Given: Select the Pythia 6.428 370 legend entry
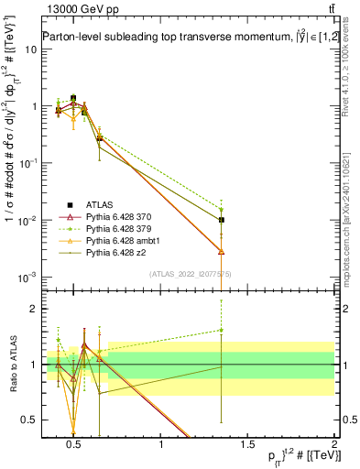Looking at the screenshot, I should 120,216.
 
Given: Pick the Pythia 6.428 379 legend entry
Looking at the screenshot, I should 120,228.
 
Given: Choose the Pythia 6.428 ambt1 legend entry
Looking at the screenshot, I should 122,240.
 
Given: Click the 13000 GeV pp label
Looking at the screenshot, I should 76,8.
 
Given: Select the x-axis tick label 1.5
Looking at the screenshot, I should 248,445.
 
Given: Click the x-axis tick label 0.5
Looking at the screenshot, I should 74,445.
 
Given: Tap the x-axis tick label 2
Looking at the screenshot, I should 334,445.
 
